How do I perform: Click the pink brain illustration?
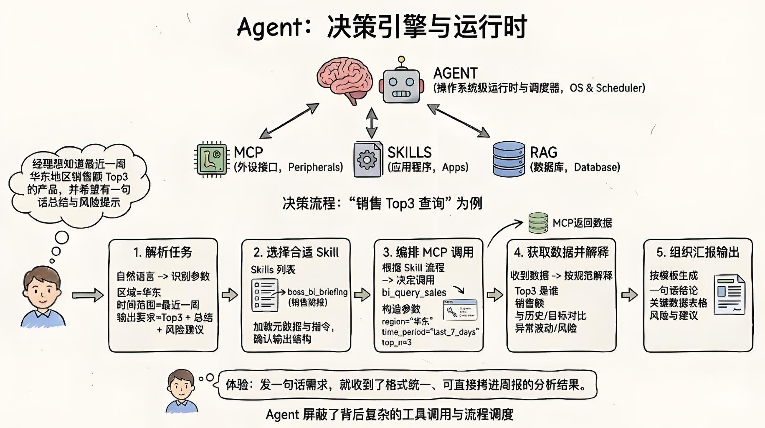[x=345, y=79]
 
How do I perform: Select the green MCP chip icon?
[x=212, y=159]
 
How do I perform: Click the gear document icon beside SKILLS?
[x=367, y=160]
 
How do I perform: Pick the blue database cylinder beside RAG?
[x=509, y=159]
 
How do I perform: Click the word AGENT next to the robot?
[x=455, y=74]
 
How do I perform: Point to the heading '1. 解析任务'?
[x=163, y=252]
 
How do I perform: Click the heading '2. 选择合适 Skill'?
[x=296, y=252]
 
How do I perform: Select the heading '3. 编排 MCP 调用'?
[x=428, y=252]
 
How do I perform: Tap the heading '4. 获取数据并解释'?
[x=561, y=252]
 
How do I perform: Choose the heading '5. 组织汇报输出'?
[x=698, y=252]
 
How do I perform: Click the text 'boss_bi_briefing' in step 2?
[x=317, y=292]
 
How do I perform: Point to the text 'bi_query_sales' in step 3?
[x=414, y=293]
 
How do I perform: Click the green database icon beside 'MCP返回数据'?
[x=538, y=223]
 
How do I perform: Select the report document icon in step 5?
[x=729, y=294]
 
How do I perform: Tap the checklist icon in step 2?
[x=264, y=296]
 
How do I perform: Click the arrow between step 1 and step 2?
[x=229, y=295]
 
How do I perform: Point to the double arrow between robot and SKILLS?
[x=371, y=123]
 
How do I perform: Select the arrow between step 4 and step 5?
[x=629, y=295]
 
